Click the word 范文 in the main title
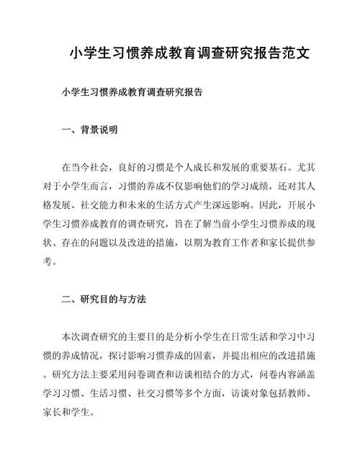pyautogui.click(x=297, y=53)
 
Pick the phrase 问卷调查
pyautogui.click(x=173, y=373)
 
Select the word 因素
pyautogui.click(x=220, y=354)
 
